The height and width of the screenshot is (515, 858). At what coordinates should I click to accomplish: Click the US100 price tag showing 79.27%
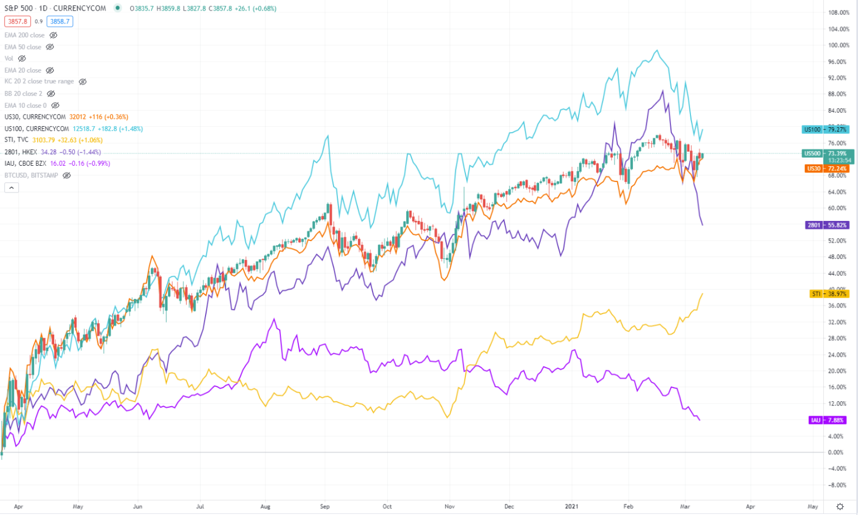tap(824, 129)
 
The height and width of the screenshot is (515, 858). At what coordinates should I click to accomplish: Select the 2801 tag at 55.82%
tap(827, 225)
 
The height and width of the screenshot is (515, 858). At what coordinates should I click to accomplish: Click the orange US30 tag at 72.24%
tap(826, 169)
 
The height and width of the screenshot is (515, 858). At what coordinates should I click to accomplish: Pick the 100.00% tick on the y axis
tap(838, 45)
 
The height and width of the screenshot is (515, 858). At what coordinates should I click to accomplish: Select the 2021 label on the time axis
tap(571, 507)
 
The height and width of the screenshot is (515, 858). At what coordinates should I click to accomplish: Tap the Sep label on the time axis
tap(325, 507)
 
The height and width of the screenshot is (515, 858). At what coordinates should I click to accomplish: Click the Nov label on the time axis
tap(450, 507)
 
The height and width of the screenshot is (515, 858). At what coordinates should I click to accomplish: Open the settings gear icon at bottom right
tap(840, 507)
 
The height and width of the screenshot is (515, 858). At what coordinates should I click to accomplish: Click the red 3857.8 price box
tap(18, 22)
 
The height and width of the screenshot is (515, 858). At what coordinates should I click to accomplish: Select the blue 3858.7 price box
tap(60, 22)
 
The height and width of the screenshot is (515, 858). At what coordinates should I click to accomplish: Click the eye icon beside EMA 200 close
tap(54, 35)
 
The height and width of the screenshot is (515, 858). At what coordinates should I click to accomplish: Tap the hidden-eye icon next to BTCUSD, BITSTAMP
tap(67, 175)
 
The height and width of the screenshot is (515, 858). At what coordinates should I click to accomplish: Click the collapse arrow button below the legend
tap(11, 188)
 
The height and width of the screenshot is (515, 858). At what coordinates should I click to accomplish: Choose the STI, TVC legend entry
tap(17, 140)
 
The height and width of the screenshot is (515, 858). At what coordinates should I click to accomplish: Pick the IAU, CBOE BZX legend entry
tap(25, 163)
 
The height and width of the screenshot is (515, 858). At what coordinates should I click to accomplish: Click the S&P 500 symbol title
tap(19, 8)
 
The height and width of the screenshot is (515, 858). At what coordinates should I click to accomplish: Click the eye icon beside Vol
tap(22, 59)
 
